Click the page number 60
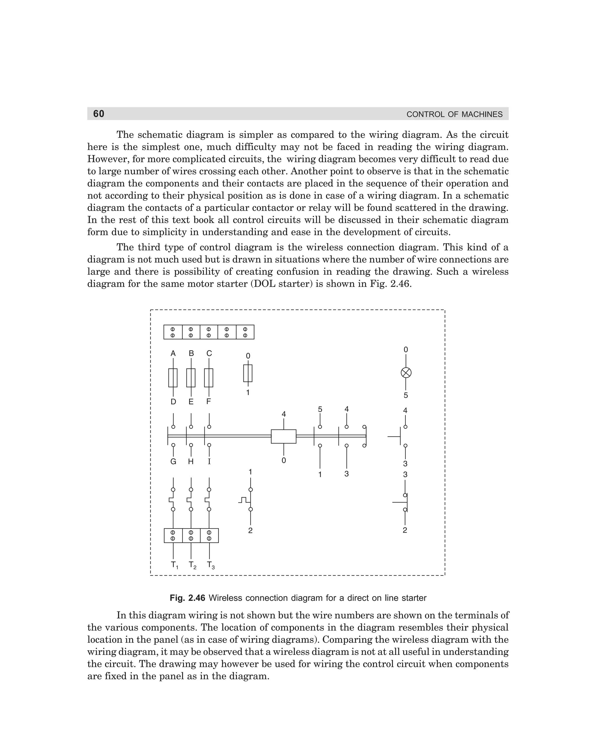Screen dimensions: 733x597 (x=99, y=114)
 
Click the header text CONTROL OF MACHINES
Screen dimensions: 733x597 (x=454, y=114)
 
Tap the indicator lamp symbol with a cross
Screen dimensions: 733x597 (x=406, y=373)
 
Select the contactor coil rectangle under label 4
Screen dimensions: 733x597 (x=283, y=436)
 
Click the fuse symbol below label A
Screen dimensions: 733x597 (x=173, y=378)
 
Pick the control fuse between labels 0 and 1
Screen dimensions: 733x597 (x=247, y=373)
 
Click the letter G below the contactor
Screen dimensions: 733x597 (x=173, y=461)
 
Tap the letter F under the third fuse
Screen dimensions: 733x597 (x=208, y=401)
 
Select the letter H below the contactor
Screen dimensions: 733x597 (x=191, y=461)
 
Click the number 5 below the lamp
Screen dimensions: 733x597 (x=406, y=395)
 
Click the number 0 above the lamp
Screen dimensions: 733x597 (x=406, y=350)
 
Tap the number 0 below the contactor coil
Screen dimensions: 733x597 (x=284, y=460)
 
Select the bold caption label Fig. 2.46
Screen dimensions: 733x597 (x=187, y=598)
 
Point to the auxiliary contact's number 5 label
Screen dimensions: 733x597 (x=320, y=409)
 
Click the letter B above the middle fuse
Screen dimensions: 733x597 (x=191, y=353)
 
